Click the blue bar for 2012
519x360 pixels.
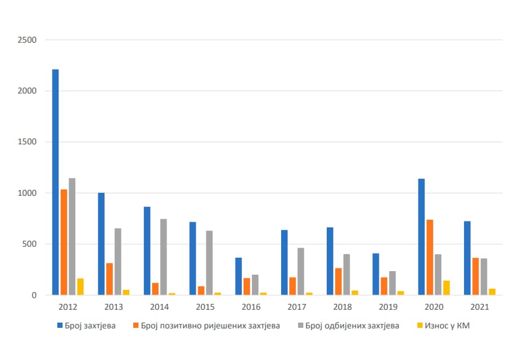(56, 182)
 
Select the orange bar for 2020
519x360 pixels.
(430, 257)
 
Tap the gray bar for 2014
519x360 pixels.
(164, 257)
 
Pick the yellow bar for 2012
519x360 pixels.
(81, 286)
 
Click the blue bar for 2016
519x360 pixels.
(238, 276)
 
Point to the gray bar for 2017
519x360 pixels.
(300, 271)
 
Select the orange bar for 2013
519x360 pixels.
(109, 279)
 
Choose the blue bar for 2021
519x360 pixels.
(467, 258)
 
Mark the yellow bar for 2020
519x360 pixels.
(447, 288)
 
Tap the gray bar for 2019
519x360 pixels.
(392, 283)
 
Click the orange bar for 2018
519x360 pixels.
(338, 282)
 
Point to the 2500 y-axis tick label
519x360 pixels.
(27, 40)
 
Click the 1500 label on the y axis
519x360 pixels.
(27, 142)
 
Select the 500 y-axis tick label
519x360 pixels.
(29, 244)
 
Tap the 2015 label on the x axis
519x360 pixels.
(205, 307)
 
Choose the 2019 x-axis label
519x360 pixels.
(388, 307)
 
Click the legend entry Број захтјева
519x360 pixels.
(86, 326)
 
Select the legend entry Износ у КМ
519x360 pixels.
(443, 326)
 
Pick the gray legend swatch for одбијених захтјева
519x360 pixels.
(300, 326)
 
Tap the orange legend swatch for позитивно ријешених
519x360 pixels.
(136, 326)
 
